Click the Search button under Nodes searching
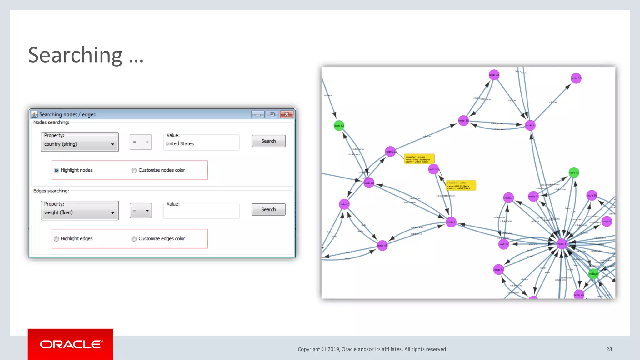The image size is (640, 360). click(268, 141)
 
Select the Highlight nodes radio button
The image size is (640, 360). click(56, 170)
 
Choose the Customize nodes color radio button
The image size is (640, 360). click(134, 170)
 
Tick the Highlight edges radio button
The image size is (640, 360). click(56, 239)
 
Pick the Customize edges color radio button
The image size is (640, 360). click(134, 239)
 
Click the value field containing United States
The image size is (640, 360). click(201, 143)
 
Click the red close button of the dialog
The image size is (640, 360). click(286, 114)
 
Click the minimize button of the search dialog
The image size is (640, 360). click(258, 114)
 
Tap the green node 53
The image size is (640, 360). click(339, 126)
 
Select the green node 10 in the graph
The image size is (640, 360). click(574, 172)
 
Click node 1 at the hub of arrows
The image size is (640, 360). click(562, 244)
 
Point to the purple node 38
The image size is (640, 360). click(494, 75)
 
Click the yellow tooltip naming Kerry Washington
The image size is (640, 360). click(419, 159)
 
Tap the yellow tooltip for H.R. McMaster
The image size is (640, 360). click(461, 185)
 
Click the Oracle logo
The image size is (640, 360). click(71, 344)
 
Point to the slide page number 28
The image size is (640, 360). click(609, 349)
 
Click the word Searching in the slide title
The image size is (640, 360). click(75, 55)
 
